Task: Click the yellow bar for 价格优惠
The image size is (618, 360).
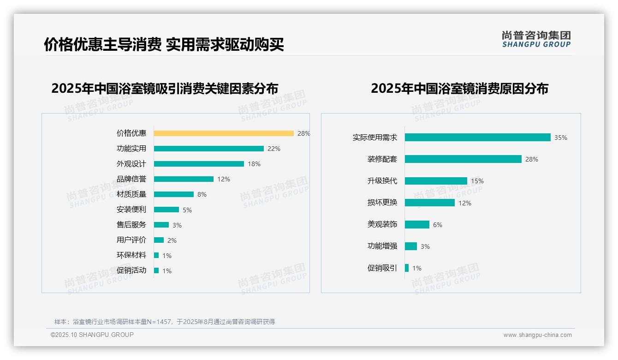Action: (x=224, y=133)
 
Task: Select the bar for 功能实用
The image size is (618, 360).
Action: (x=208, y=149)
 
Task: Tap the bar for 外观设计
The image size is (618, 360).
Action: (x=199, y=164)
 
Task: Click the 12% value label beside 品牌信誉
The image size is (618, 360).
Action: (x=224, y=179)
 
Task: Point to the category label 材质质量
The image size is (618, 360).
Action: (x=131, y=194)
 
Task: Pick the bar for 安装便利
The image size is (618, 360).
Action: (x=166, y=210)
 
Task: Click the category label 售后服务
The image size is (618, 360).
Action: (x=131, y=225)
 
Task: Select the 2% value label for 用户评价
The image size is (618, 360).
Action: (x=172, y=240)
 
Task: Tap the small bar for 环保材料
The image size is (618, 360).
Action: (x=156, y=255)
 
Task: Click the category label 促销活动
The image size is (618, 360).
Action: (x=131, y=270)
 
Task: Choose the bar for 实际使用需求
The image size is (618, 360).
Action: (x=477, y=138)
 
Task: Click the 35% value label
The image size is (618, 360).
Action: (x=561, y=138)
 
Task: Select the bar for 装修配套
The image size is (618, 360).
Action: (x=463, y=159)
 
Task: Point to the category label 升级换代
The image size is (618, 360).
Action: (x=382, y=181)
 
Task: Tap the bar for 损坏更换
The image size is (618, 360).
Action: (x=430, y=203)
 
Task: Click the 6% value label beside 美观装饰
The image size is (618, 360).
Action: (x=437, y=225)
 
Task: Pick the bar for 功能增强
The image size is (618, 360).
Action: (x=411, y=246)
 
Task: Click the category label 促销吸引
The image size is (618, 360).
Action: (x=382, y=268)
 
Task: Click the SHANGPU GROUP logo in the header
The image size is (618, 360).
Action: (x=536, y=39)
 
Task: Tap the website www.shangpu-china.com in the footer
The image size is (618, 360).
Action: (x=537, y=335)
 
